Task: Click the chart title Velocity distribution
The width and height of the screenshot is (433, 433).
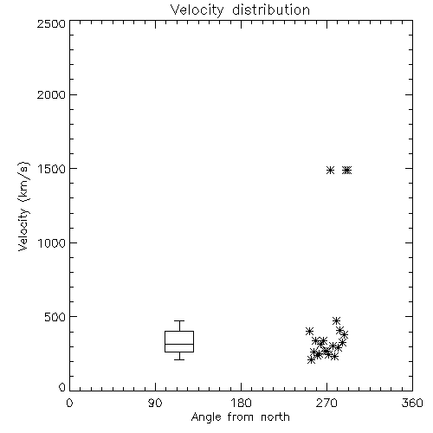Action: (240, 10)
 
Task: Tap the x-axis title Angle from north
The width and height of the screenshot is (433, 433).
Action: (240, 417)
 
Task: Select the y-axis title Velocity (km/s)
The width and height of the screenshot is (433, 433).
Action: (23, 206)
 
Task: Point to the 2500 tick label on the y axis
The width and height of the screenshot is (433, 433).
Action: (51, 23)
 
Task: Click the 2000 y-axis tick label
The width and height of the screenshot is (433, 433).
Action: (51, 94)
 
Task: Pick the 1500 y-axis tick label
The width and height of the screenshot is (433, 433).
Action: (52, 169)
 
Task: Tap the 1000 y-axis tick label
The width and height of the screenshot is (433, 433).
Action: (52, 243)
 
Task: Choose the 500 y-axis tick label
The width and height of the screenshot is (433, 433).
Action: (55, 317)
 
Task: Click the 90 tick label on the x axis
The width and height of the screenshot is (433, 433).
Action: (155, 403)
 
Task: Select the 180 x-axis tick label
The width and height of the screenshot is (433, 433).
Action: (240, 403)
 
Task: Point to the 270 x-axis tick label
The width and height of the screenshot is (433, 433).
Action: (326, 403)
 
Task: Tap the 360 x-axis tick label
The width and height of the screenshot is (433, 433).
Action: (412, 403)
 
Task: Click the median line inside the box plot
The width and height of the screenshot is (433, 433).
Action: (179, 344)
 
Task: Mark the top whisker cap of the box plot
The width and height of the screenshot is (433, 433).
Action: (179, 320)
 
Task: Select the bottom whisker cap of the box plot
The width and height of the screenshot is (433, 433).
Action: (179, 359)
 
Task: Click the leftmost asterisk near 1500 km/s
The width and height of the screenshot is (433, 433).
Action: (331, 171)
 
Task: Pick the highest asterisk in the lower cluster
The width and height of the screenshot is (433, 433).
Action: (336, 320)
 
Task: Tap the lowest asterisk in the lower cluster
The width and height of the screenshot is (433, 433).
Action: (311, 360)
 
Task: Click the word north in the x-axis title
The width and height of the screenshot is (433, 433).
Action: (275, 417)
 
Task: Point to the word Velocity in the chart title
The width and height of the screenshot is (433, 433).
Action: (197, 10)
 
